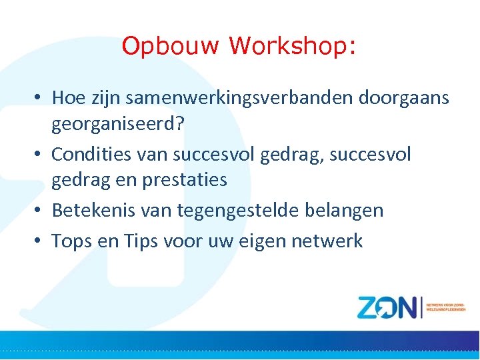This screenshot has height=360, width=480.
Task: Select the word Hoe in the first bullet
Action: [x=66, y=98]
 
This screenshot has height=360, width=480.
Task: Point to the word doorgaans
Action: [x=404, y=98]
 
